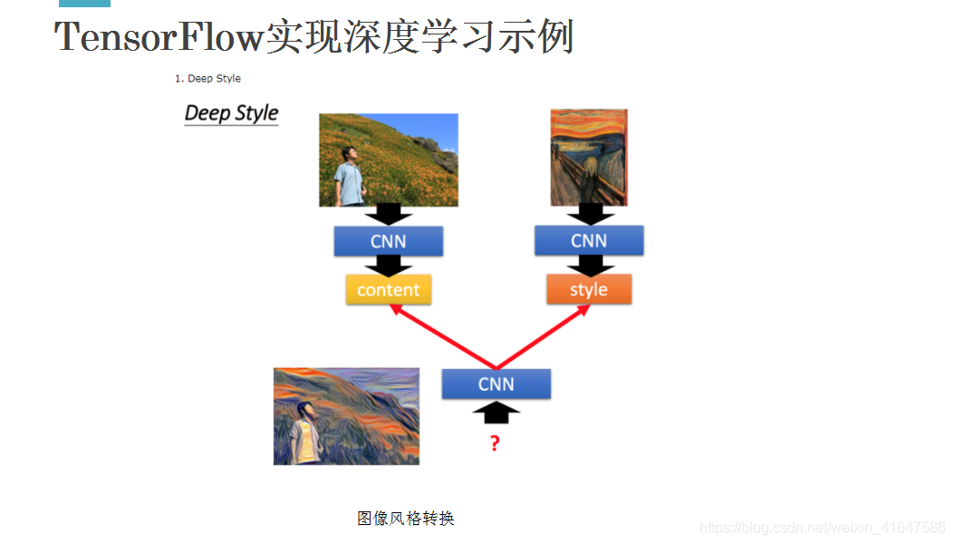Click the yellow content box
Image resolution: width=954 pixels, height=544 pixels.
388,290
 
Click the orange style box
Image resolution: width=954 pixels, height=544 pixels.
588,290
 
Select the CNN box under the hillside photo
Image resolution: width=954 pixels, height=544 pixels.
388,241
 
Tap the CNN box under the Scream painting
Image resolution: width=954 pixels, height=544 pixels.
589,241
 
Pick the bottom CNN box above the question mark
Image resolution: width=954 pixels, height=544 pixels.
496,384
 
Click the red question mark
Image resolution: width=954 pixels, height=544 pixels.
495,443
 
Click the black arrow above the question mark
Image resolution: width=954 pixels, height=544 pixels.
496,413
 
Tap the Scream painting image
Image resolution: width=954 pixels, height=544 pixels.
589,157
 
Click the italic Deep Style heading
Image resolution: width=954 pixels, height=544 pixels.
231,113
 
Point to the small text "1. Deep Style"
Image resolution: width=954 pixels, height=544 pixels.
207,79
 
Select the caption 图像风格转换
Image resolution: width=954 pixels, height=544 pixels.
405,519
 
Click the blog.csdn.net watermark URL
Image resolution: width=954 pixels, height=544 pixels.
823,528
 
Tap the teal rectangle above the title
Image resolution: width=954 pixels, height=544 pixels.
84,4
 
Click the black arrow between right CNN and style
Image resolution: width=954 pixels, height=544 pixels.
590,265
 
